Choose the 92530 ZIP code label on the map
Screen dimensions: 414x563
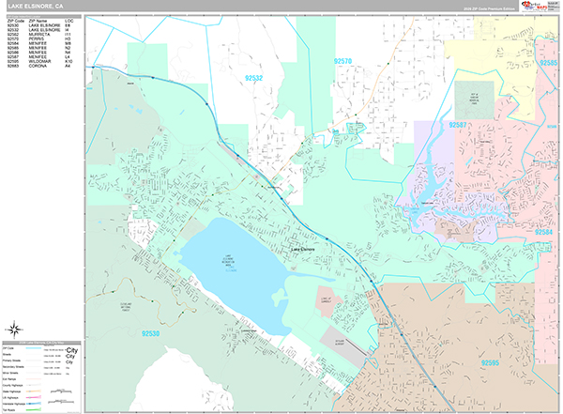coord(152,332)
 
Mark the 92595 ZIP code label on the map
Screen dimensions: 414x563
coord(490,361)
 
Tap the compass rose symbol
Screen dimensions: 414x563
coord(15,329)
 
